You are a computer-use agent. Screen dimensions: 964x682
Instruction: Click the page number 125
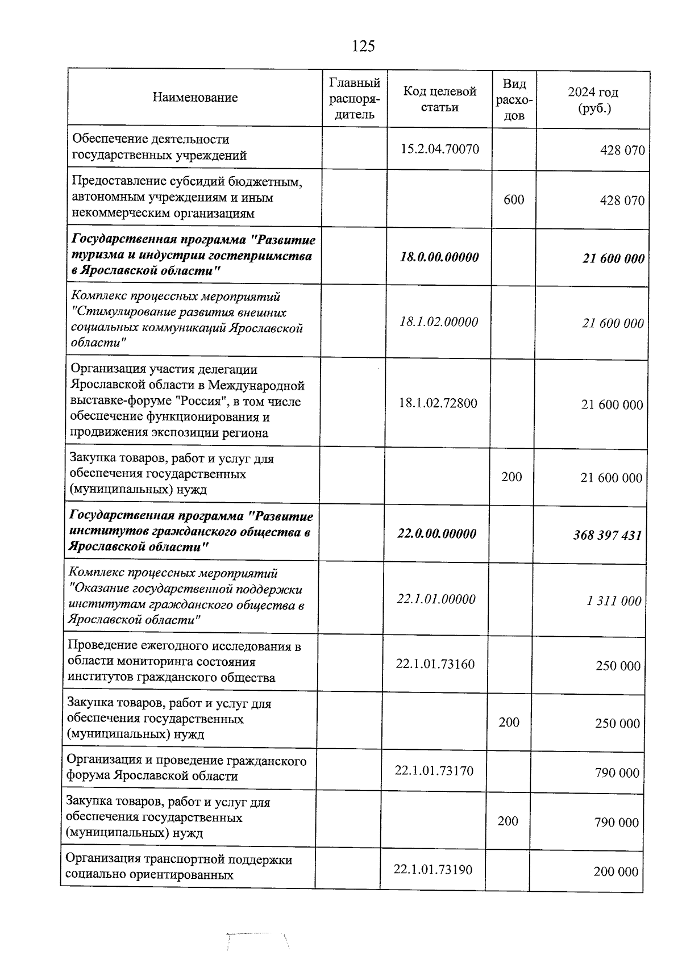coord(363,46)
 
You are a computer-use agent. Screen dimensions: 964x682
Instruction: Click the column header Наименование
coord(195,98)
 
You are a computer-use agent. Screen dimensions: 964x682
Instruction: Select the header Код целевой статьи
coord(439,99)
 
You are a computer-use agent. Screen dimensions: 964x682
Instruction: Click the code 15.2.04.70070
coord(439,149)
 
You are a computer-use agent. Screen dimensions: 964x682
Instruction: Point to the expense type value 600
coord(514,199)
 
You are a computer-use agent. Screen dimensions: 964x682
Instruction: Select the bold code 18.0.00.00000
coord(439,257)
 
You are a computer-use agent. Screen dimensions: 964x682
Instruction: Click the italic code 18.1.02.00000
coord(439,322)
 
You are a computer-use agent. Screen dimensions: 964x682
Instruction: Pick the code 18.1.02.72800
coord(438,403)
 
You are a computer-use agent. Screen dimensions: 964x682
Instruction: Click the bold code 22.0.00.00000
coord(436,533)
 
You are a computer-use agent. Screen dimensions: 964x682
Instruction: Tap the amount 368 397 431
coord(607,535)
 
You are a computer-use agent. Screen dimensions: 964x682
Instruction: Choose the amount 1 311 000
coord(614,600)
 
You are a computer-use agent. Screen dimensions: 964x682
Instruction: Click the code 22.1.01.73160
coord(435,664)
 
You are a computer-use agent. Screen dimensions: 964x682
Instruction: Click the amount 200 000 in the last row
coord(616,871)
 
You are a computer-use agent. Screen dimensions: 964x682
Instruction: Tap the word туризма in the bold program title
coord(93,256)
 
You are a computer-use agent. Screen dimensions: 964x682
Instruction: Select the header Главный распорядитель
coord(355,98)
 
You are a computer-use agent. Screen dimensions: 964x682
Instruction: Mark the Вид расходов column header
coord(514,100)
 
